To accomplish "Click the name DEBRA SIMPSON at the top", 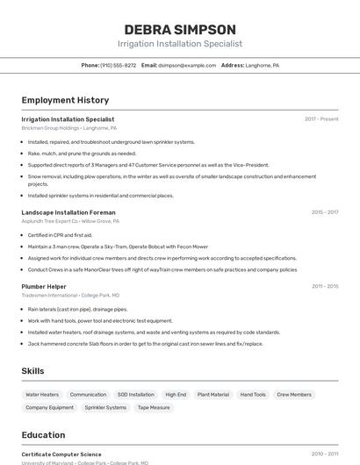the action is (180, 29).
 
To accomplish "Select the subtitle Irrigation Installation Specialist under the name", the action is (180, 44).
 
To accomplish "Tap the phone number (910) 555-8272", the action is (118, 65).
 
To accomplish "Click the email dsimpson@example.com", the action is (187, 65).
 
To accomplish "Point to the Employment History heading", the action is (65, 100).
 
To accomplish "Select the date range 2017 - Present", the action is (321, 119).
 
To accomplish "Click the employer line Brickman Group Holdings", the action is (68, 128).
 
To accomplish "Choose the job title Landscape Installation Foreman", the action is (68, 212).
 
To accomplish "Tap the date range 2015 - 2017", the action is (324, 212).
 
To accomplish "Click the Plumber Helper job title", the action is (44, 286).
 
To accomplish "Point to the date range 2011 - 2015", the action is (324, 286).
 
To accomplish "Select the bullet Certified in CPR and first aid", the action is (60, 235).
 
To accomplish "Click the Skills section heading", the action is (32, 371).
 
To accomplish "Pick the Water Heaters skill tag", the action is (42, 395).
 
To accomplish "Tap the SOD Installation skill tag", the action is (135, 395).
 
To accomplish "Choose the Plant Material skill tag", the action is (212, 395).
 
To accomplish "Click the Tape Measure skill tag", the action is (154, 407).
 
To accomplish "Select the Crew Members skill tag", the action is (294, 395).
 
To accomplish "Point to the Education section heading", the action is (43, 435).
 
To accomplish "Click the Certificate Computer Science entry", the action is (61, 454).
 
